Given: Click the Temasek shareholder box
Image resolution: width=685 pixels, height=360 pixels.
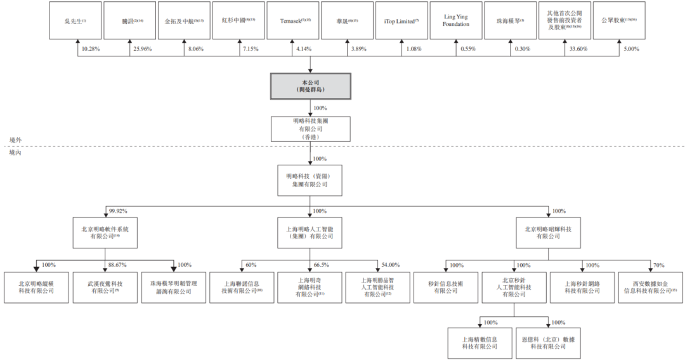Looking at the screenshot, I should (x=293, y=20).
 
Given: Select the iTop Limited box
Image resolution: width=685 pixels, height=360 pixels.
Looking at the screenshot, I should (x=401, y=20).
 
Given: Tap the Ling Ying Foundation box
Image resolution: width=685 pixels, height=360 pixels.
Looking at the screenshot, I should (x=456, y=20).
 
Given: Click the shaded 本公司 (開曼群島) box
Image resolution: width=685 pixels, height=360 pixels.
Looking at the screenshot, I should (x=310, y=86).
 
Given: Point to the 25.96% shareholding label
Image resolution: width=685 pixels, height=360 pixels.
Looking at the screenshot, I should (x=143, y=49).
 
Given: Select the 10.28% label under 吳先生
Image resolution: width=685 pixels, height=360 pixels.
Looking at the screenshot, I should (x=89, y=49).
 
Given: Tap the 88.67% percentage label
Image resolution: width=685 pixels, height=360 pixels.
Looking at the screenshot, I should (x=118, y=265).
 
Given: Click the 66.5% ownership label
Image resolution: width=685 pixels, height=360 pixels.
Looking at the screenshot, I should (x=322, y=265).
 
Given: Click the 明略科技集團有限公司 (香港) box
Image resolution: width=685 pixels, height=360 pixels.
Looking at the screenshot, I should (x=310, y=128).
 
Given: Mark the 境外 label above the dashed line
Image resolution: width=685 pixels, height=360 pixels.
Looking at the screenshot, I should (x=15, y=140).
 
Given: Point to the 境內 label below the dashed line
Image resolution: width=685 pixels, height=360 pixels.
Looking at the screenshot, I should (x=15, y=153).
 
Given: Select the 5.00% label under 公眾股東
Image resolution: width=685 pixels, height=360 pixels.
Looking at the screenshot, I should (x=632, y=49).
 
